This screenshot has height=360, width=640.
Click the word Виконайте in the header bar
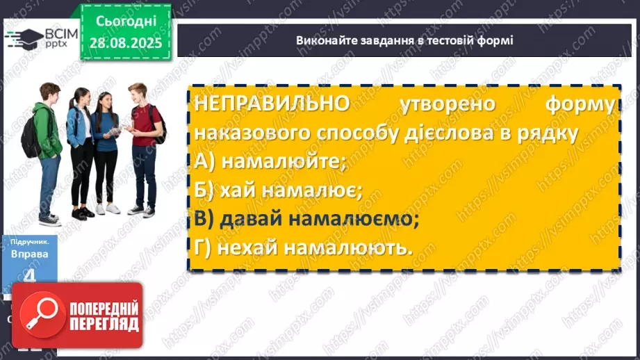(322, 40)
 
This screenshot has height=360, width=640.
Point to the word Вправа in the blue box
(29, 254)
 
